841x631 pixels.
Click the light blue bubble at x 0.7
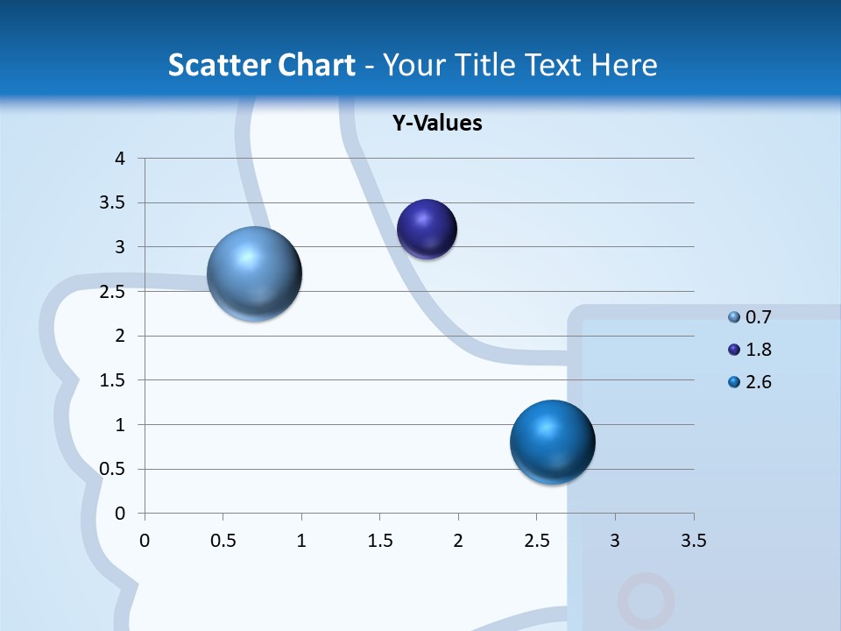coord(255,274)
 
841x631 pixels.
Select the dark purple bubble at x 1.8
coord(428,230)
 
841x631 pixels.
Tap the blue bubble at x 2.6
coord(552,442)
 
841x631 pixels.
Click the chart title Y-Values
coord(436,123)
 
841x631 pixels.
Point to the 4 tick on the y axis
coord(121,159)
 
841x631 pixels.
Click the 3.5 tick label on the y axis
coord(114,203)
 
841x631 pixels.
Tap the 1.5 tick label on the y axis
coord(114,380)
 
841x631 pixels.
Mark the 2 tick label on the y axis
coord(121,336)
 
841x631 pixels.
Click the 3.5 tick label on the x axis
coord(693,541)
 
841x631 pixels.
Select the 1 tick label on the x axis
coord(301,541)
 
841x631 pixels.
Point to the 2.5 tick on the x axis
coord(536,541)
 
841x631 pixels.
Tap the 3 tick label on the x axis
coord(615,541)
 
